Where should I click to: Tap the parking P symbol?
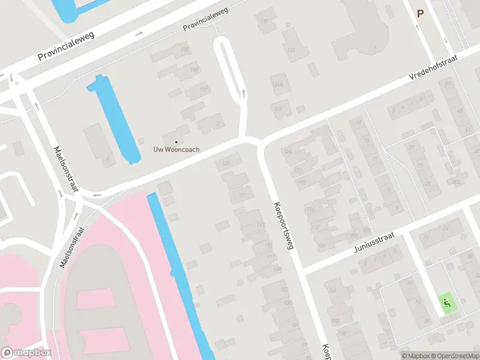(420, 13)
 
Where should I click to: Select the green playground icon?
(446, 304)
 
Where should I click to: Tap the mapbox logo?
(26, 353)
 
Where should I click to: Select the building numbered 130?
(264, 22)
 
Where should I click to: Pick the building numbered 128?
(292, 50)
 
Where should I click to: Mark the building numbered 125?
(227, 163)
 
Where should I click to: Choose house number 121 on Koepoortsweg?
(242, 195)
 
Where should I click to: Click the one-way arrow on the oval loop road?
(244, 93)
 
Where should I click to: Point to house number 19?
(359, 123)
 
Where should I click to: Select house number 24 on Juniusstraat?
(445, 229)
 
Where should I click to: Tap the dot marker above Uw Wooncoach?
(176, 142)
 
